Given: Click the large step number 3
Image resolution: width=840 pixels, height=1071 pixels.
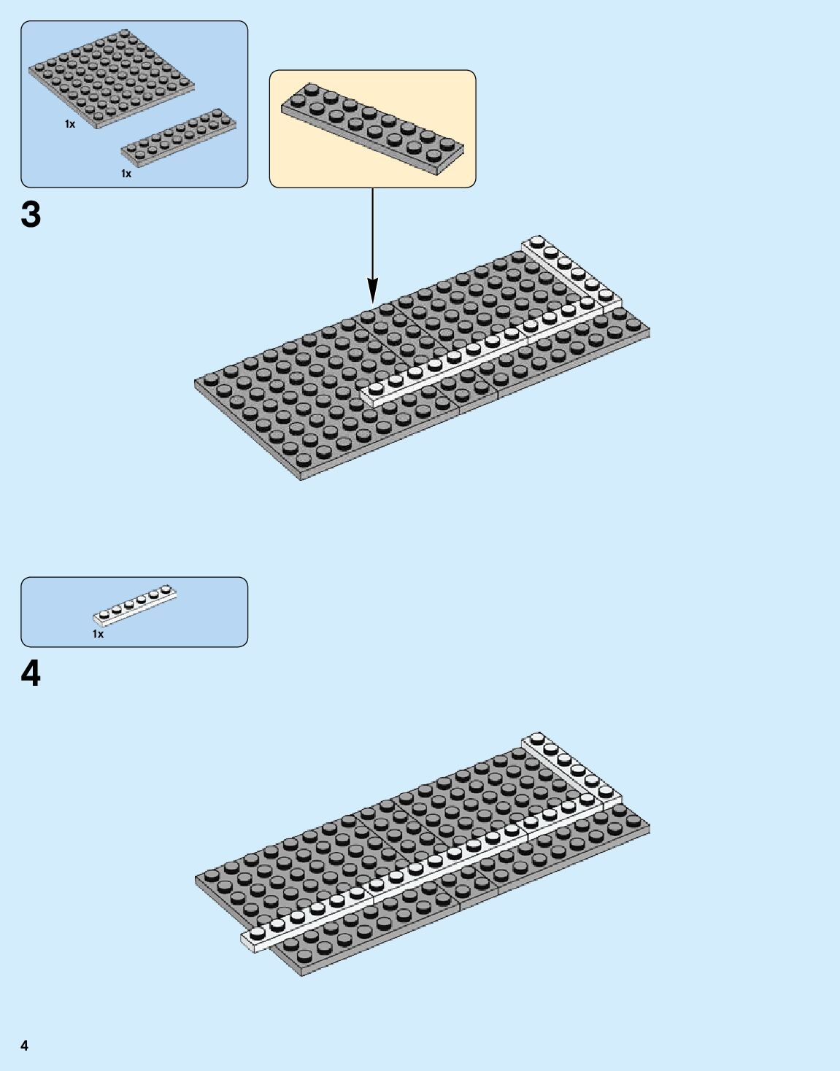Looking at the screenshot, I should click(31, 215).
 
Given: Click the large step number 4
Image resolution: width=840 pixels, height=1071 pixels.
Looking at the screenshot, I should click(31, 674).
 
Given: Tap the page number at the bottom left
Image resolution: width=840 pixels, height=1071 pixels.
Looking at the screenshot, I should click(25, 1045).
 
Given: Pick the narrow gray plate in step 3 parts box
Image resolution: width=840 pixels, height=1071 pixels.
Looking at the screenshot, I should click(179, 137).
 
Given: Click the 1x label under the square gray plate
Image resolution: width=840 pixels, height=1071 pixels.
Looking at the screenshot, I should click(70, 125).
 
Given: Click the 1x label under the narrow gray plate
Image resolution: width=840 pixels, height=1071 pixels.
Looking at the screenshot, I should click(126, 174).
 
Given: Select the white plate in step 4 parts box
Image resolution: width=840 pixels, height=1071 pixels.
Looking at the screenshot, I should click(135, 606).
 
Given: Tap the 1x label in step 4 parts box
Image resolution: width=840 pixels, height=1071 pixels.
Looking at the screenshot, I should click(98, 634).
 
